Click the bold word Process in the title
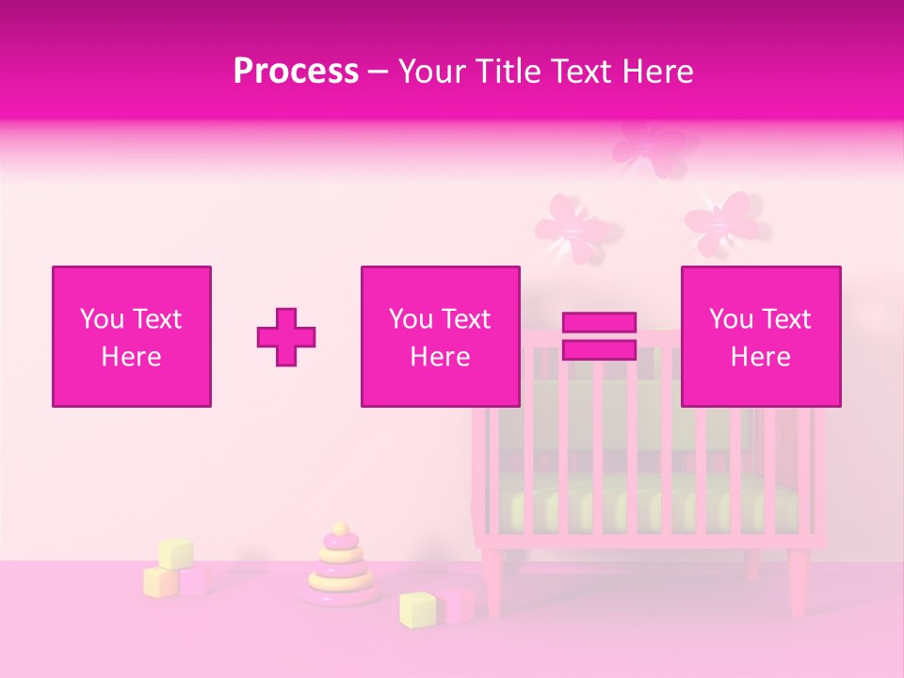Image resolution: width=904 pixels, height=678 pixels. [296, 71]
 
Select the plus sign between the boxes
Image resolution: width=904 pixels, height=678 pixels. [286, 337]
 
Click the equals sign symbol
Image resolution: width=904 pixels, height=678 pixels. [599, 336]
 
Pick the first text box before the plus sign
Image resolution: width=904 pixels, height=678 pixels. [132, 336]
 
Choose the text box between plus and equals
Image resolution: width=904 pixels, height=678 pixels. [440, 336]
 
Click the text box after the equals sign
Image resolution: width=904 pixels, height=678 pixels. [760, 336]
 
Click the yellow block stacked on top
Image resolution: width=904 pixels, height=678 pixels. [175, 554]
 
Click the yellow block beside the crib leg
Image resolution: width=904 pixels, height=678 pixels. [416, 609]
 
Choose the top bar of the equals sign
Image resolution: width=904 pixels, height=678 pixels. [599, 322]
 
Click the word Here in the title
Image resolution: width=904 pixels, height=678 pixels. [655, 71]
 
